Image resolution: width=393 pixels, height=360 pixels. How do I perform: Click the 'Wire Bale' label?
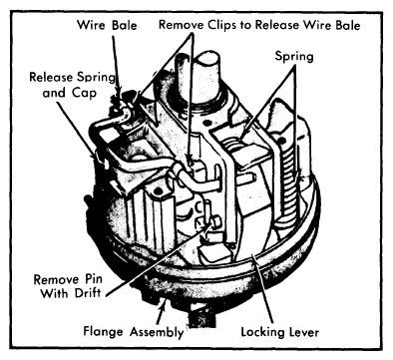click(x=107, y=25)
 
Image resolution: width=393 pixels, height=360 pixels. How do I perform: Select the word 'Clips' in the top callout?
click(x=222, y=25)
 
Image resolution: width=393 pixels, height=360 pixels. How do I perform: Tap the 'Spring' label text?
click(x=294, y=56)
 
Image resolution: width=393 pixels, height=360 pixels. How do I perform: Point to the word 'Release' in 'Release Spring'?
click(x=51, y=77)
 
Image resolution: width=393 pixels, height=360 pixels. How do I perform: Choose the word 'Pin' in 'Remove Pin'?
click(x=92, y=279)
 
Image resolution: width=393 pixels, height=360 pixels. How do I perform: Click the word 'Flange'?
click(x=103, y=332)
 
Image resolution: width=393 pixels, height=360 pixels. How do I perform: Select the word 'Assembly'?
click(x=157, y=332)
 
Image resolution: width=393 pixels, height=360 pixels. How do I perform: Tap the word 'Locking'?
click(x=263, y=332)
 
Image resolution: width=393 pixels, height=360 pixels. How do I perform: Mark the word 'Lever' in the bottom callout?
click(x=304, y=332)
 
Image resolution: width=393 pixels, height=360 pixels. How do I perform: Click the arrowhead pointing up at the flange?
click(x=163, y=304)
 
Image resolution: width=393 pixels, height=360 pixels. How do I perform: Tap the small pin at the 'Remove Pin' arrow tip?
click(x=216, y=222)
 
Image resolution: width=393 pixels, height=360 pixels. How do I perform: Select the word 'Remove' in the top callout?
click(x=182, y=25)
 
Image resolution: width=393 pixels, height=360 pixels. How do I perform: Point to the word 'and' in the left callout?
click(x=54, y=93)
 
